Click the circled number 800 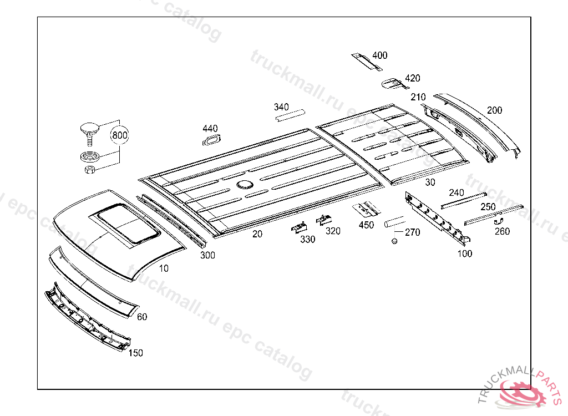(120, 135)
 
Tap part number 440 (210, 129)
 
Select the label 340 (282, 106)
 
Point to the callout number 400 (380, 55)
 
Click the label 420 (413, 78)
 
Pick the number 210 (418, 97)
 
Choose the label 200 (495, 110)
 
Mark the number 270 (412, 232)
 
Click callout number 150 (135, 353)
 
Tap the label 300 (207, 255)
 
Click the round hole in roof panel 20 (243, 184)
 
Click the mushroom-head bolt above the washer (88, 129)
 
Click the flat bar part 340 (291, 115)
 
